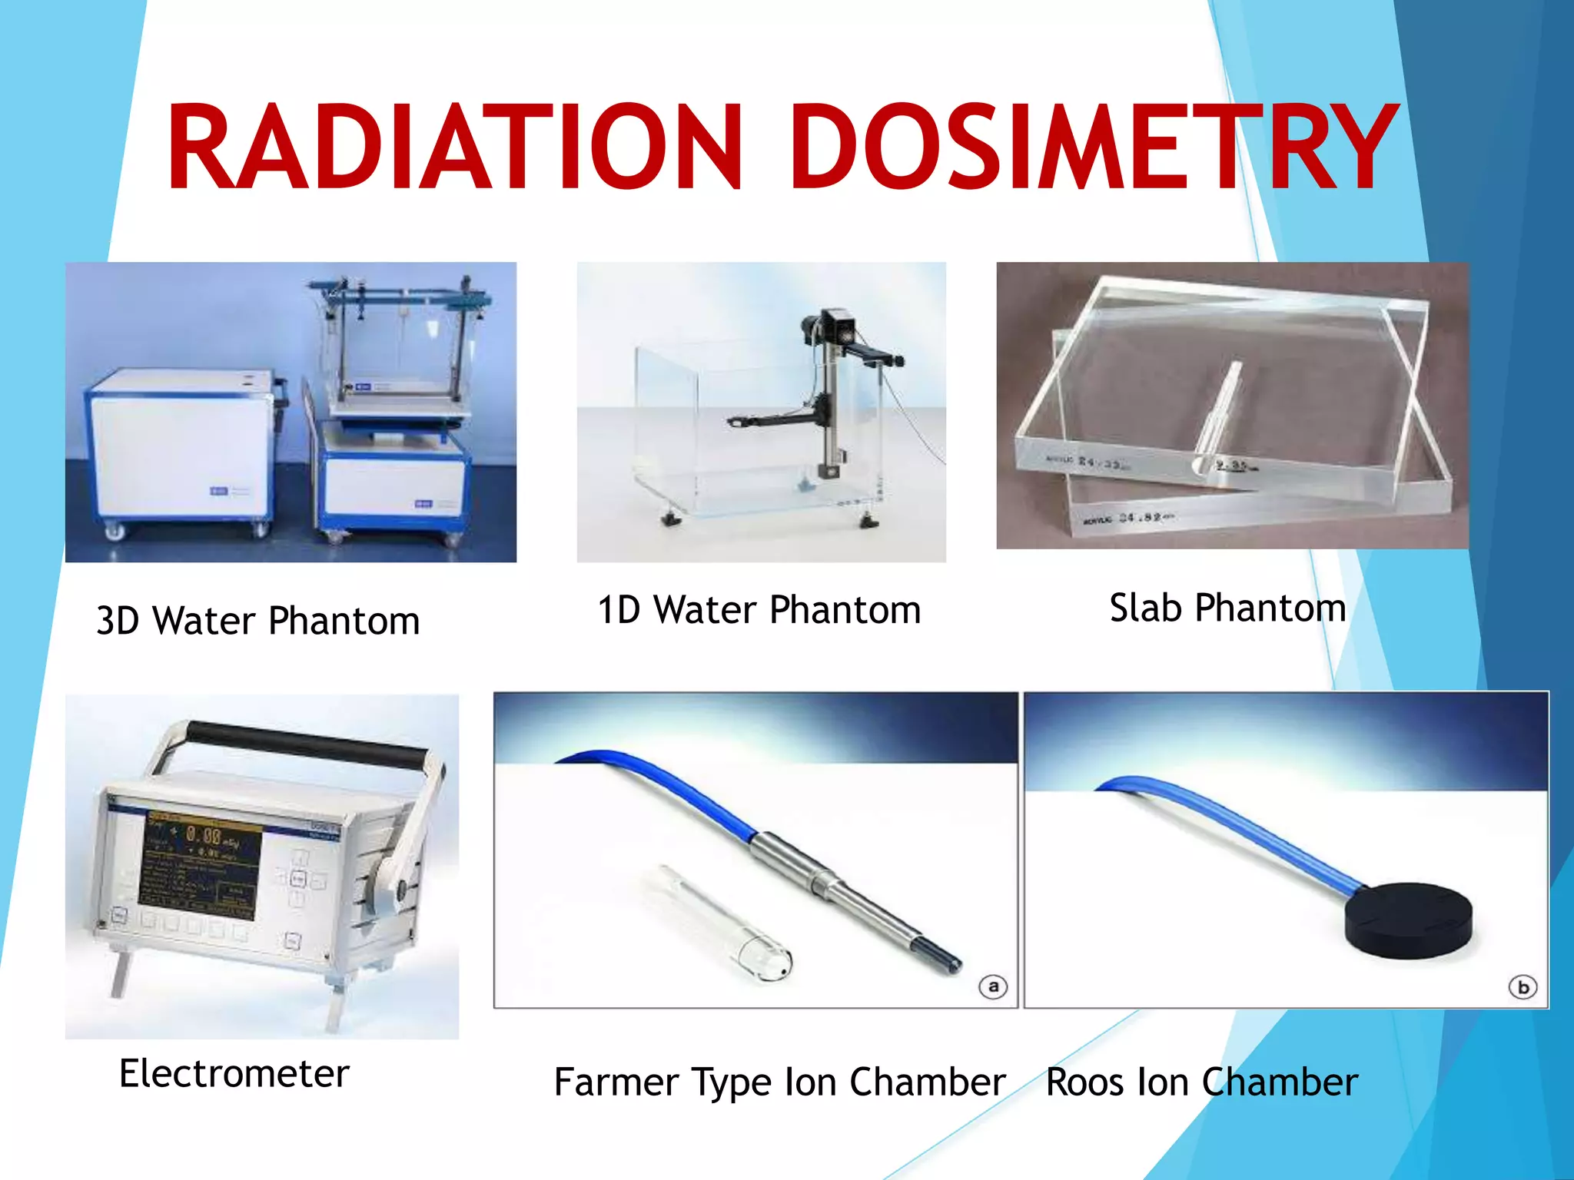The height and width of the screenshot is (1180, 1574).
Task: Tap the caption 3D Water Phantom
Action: click(257, 621)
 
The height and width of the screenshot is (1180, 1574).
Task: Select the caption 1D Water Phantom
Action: click(759, 611)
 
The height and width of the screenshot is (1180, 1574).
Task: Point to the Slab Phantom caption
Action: click(1227, 608)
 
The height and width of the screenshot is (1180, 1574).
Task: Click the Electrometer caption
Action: click(234, 1074)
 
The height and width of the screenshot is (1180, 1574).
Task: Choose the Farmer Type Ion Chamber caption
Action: click(779, 1082)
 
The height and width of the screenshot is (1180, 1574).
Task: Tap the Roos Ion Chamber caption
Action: click(1201, 1082)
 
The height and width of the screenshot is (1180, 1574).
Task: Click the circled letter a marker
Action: click(993, 986)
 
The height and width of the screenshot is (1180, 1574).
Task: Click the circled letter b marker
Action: click(1523, 987)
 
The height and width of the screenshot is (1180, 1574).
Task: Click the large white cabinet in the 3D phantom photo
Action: click(181, 446)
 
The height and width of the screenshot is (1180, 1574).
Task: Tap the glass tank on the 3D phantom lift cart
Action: click(400, 346)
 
